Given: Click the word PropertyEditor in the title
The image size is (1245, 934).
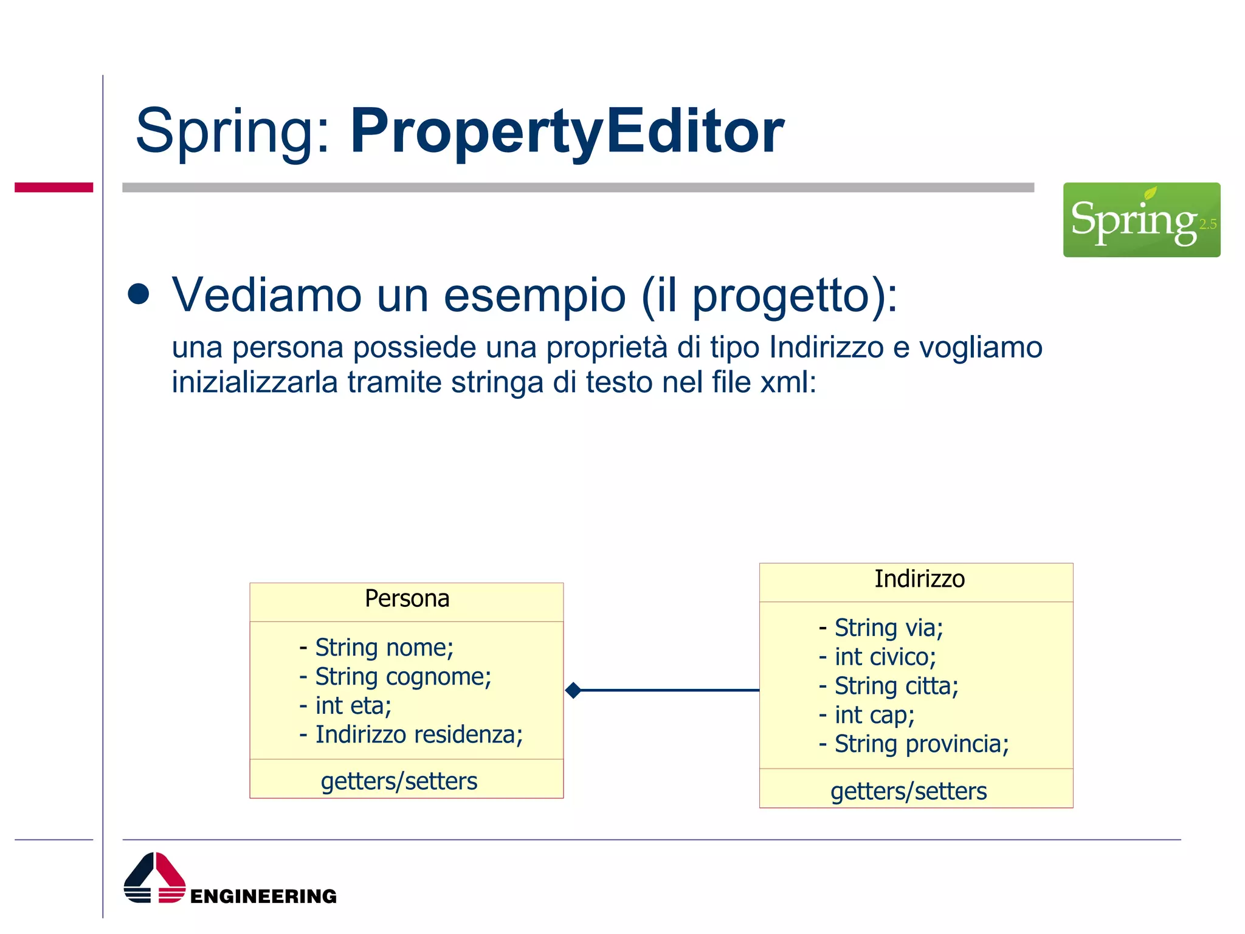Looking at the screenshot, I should pos(567,131).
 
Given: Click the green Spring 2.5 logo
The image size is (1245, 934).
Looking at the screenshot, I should pos(1141,220).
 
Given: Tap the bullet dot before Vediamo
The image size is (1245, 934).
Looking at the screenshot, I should pos(139,294).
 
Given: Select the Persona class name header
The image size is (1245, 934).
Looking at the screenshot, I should pos(407,599).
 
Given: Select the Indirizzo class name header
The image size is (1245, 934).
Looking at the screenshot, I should pos(919,579).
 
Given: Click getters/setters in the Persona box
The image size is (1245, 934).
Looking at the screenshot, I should pos(399,781).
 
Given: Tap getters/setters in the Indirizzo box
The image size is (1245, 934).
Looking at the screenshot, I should pos(908,792).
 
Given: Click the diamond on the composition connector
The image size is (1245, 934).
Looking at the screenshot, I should pos(573,690).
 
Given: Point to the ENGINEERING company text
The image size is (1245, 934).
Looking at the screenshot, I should pos(263,896).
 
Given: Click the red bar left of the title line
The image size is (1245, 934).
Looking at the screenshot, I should pos(53,187).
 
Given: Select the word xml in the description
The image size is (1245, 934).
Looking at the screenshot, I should pos(787,383).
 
